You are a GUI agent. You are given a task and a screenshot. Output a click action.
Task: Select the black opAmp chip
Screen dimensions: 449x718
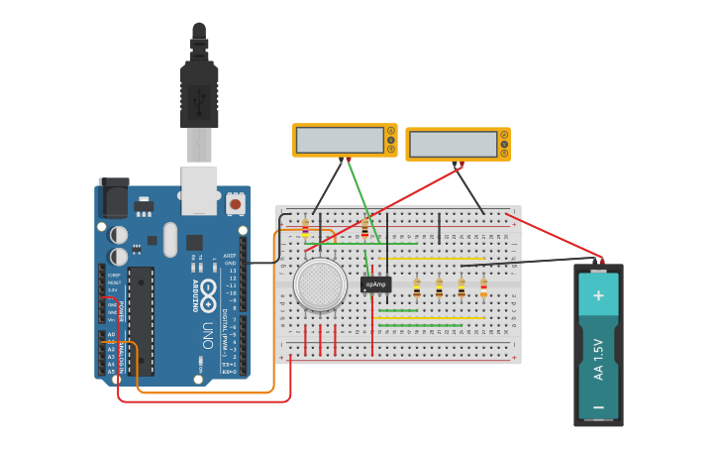pyautogui.click(x=375, y=284)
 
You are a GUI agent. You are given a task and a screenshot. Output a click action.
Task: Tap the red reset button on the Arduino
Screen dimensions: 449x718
pyautogui.click(x=236, y=204)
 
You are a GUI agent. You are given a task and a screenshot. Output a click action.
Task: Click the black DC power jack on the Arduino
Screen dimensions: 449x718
pyautogui.click(x=114, y=197)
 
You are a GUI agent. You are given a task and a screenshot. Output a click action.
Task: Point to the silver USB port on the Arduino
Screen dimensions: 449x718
pyautogui.click(x=199, y=189)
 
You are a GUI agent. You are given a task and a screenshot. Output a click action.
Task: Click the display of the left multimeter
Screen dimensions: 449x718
pyautogui.click(x=340, y=140)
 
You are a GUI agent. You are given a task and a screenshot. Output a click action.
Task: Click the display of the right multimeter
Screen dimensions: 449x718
pyautogui.click(x=453, y=145)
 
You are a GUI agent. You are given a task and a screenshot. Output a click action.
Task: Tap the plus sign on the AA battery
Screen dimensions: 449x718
pyautogui.click(x=598, y=294)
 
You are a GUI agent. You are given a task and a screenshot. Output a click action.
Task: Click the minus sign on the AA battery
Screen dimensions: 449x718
pyautogui.click(x=598, y=406)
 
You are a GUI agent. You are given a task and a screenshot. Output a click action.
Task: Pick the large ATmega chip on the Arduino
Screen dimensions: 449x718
pyautogui.click(x=142, y=319)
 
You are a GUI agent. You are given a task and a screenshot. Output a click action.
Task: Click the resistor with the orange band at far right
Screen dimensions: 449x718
pyautogui.click(x=483, y=288)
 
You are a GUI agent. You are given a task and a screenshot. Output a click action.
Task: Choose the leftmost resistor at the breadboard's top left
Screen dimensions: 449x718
pyautogui.click(x=305, y=228)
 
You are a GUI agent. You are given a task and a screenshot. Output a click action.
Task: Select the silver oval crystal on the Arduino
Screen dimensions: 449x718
pyautogui.click(x=169, y=239)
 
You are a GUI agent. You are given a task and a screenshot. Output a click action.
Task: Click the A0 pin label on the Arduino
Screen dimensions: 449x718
pyautogui.click(x=111, y=334)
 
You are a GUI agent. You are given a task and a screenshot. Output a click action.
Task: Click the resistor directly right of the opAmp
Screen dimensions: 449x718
pyautogui.click(x=417, y=288)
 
